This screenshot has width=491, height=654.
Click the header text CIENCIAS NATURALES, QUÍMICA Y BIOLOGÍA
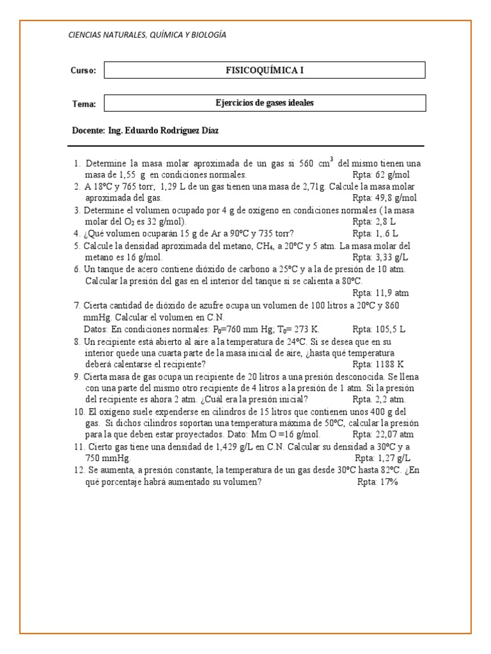click(147, 35)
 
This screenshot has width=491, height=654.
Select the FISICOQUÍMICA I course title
click(264, 70)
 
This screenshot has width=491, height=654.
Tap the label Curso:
click(83, 71)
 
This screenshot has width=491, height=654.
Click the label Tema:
click(84, 104)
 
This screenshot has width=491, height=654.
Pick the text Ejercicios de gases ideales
click(264, 103)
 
